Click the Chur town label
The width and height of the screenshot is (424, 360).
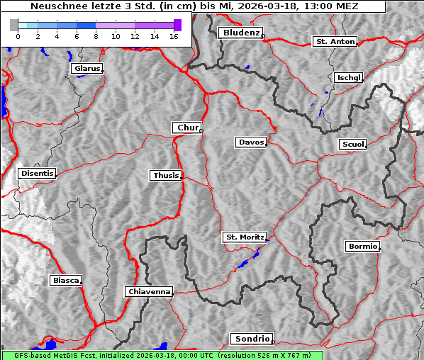[187, 128]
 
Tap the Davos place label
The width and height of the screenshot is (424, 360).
[251, 142]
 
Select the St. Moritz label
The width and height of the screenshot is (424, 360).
[244, 237]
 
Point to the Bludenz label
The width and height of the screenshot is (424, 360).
[240, 33]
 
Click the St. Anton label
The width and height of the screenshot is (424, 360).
[335, 42]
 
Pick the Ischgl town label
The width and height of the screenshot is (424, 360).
[348, 77]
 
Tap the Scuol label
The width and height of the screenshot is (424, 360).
[352, 145]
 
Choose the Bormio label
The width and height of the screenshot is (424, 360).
[362, 247]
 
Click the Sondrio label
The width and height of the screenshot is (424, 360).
[251, 339]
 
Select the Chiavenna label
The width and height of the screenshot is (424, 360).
[149, 291]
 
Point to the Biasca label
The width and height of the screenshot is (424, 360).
[66, 281]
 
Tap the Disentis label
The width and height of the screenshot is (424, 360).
[36, 173]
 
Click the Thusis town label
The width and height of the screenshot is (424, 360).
[166, 175]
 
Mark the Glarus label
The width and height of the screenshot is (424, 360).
[87, 69]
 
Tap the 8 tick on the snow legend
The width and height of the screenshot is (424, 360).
[96, 35]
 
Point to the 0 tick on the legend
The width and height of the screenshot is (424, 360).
[17, 35]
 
